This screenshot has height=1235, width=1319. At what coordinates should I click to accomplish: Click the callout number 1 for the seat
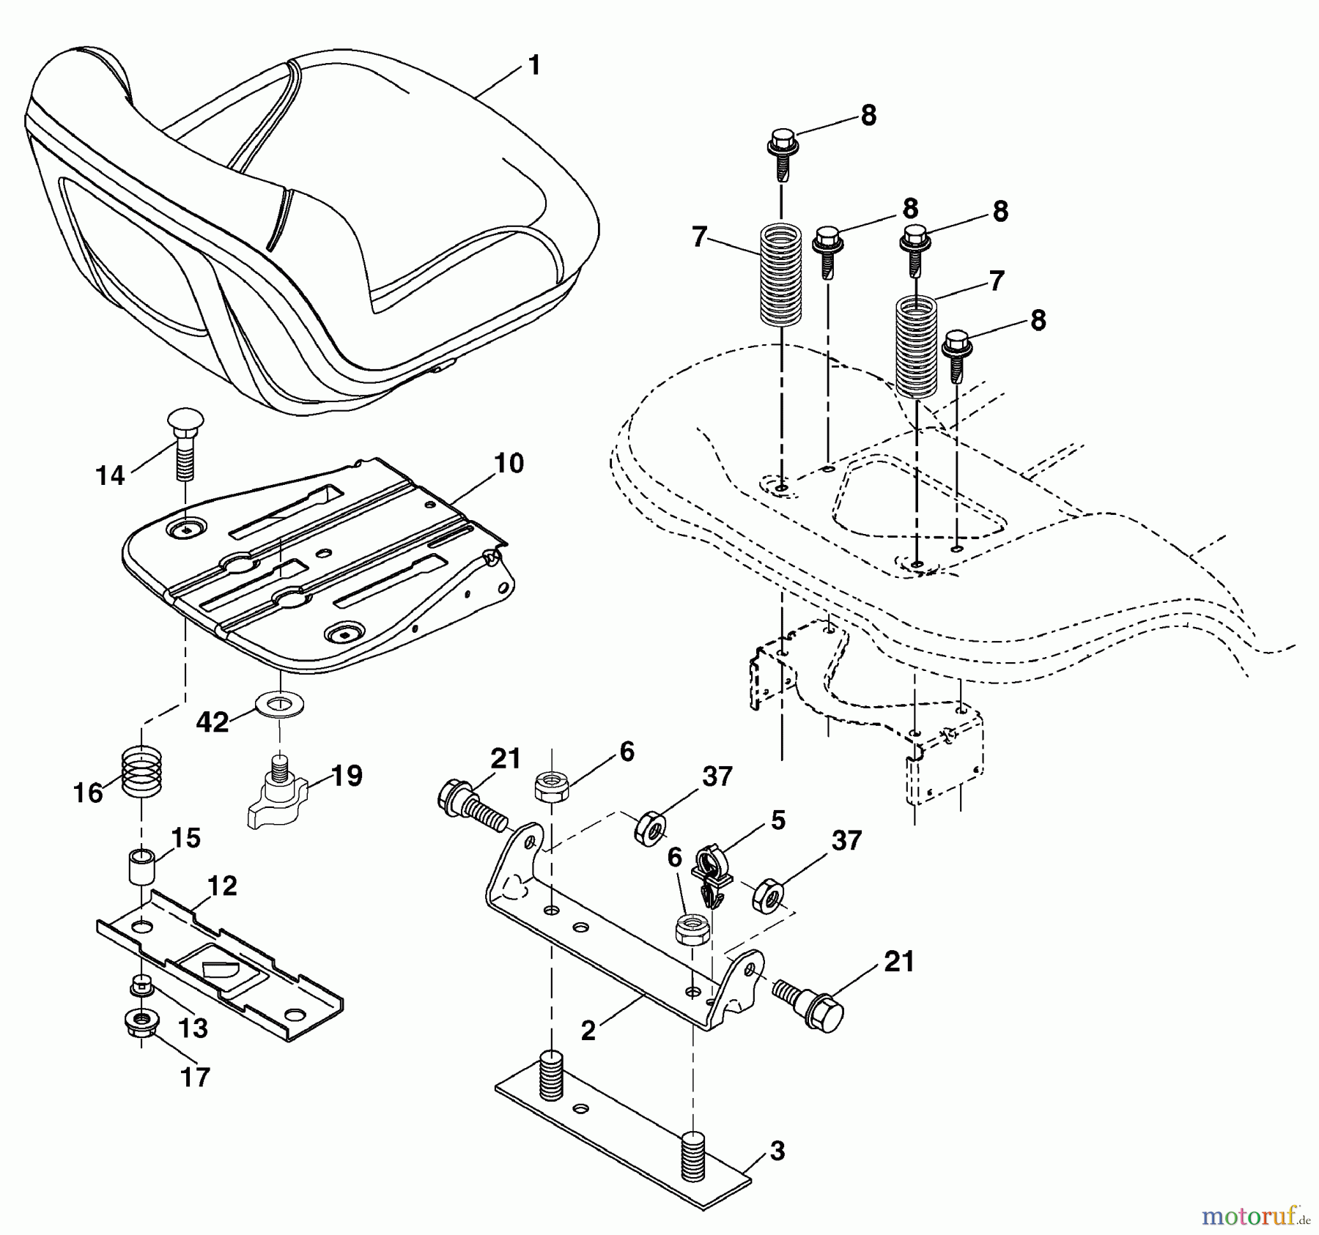(x=534, y=66)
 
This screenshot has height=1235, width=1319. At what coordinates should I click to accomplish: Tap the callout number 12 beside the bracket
(x=222, y=886)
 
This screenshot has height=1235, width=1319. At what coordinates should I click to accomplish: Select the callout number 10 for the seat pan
(x=509, y=464)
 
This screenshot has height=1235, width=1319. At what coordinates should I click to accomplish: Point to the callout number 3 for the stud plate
(x=777, y=1151)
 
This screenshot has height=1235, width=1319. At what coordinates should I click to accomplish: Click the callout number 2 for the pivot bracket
(x=588, y=1030)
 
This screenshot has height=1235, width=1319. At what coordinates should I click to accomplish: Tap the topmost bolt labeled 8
(x=780, y=151)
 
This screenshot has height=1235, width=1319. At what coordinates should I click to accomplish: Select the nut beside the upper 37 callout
(x=649, y=828)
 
